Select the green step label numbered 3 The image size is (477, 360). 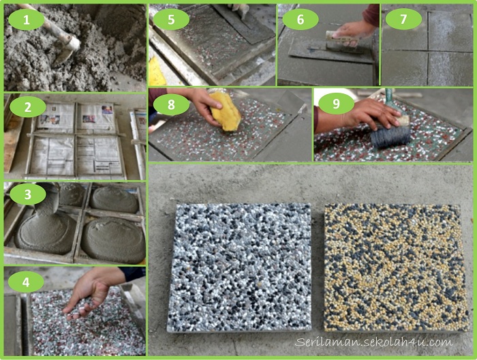(27, 196)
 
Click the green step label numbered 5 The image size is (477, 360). (170, 20)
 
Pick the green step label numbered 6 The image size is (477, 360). (301, 20)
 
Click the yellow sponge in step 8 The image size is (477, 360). (226, 112)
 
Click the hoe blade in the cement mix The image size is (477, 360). (67, 49)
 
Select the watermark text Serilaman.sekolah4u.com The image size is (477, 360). (373, 342)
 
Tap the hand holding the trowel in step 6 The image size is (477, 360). (354, 29)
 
